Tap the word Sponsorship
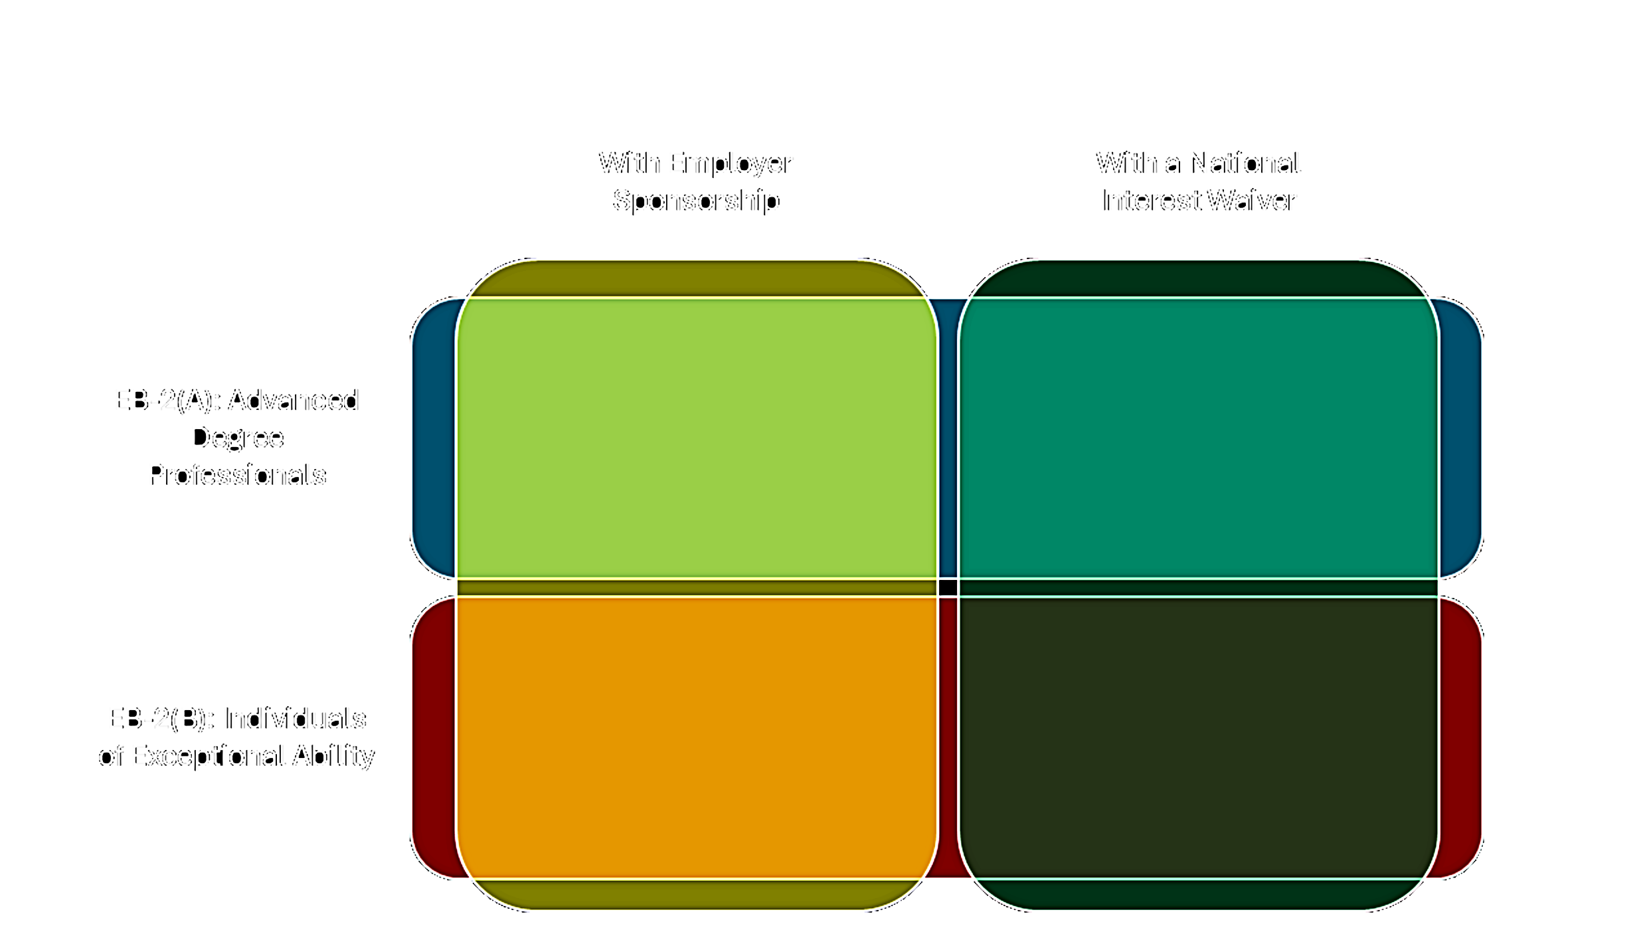[697, 199]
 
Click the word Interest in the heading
[1151, 201]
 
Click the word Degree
[237, 438]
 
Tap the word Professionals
[236, 476]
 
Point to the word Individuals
[294, 719]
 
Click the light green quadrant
[696, 438]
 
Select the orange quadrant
[696, 737]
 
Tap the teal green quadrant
[1198, 438]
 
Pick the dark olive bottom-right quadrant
[1198, 737]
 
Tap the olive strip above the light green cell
[696, 279]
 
